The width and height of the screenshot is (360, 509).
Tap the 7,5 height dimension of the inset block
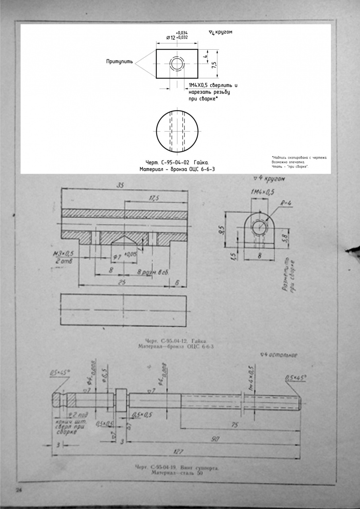click(x=214, y=64)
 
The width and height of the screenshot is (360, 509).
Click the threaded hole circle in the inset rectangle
click(x=177, y=64)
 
